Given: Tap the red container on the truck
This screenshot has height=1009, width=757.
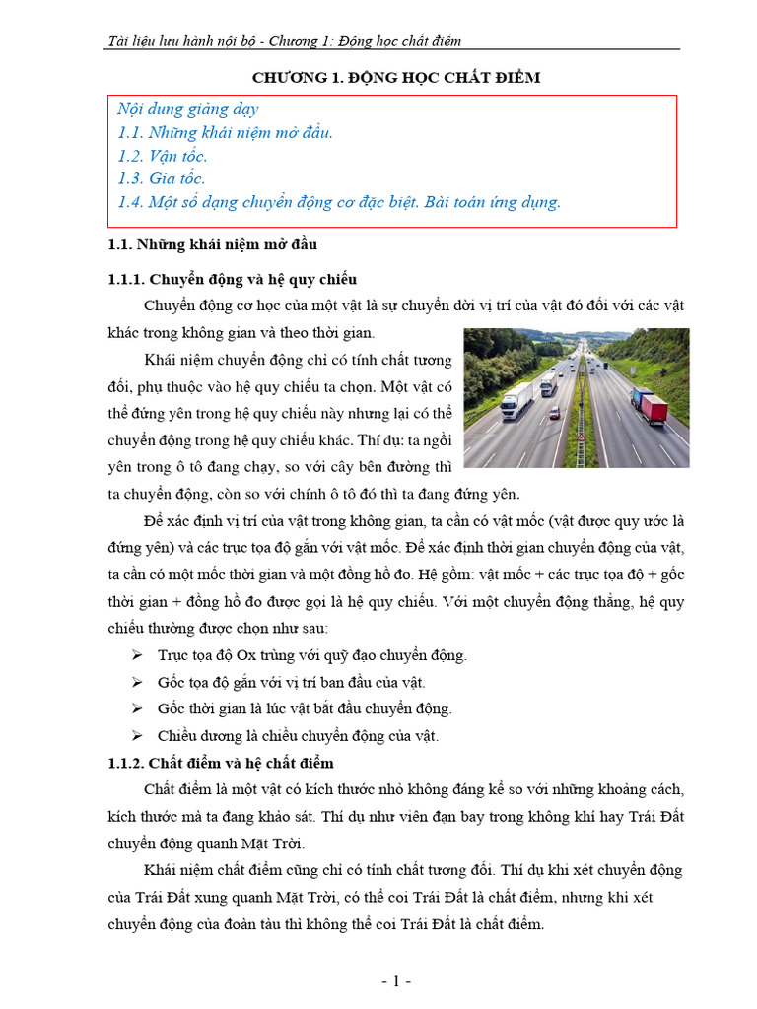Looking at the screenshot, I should click(654, 407).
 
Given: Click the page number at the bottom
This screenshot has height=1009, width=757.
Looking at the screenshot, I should click(395, 981).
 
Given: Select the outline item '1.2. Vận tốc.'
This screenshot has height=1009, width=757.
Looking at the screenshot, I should click(162, 156).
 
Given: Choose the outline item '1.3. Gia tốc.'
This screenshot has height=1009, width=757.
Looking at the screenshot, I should click(161, 178).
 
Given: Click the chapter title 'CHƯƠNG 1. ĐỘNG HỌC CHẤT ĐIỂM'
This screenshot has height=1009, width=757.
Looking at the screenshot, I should click(395, 78).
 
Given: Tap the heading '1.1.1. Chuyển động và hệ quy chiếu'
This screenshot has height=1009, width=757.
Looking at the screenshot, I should click(231, 279).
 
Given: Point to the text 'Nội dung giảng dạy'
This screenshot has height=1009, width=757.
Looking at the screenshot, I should click(187, 109).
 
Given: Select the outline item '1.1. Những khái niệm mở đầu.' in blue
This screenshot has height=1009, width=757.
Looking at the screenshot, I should click(225, 132).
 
